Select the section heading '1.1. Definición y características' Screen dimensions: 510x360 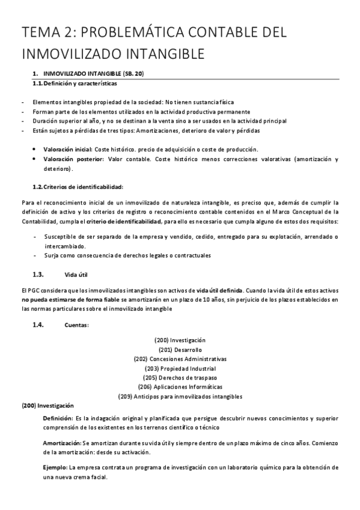pyautogui.click(x=75, y=83)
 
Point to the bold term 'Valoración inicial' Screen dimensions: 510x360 pyautogui.click(x=67, y=149)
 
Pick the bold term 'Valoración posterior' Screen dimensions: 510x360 pyautogui.click(x=72, y=159)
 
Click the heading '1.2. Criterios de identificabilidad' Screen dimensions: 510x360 pyautogui.click(x=78, y=187)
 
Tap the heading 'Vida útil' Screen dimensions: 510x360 pyautogui.click(x=76, y=275)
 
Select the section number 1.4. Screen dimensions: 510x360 pyautogui.click(x=38, y=325)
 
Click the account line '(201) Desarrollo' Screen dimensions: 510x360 pyautogui.click(x=180, y=349)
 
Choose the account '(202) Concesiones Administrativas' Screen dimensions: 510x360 pyautogui.click(x=180, y=358)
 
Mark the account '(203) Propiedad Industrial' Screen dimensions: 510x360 pyautogui.click(x=180, y=368)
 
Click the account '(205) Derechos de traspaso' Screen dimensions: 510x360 pyautogui.click(x=180, y=377)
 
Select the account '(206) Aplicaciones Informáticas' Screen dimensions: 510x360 pyautogui.click(x=180, y=387)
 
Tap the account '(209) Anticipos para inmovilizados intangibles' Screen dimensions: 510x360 pyautogui.click(x=180, y=396)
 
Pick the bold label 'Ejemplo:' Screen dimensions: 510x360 pyautogui.click(x=55, y=467)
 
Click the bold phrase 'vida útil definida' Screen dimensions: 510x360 pyautogui.click(x=219, y=290)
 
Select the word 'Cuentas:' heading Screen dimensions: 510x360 pyautogui.click(x=76, y=325)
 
